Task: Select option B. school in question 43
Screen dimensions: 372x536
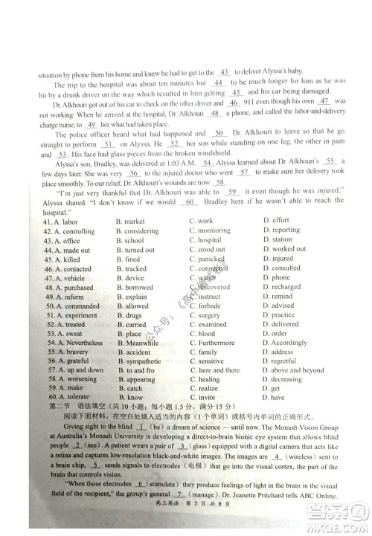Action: click(130, 241)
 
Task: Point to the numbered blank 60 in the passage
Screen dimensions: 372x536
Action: click(189, 201)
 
